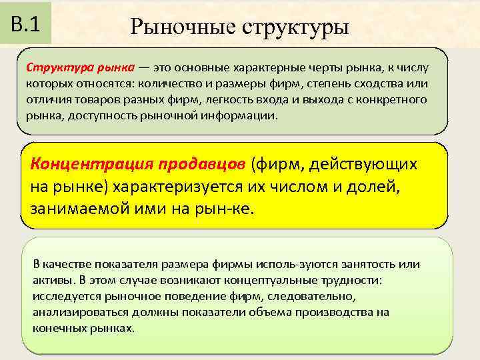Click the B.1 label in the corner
coord(27,24)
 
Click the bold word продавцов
coord(203,164)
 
